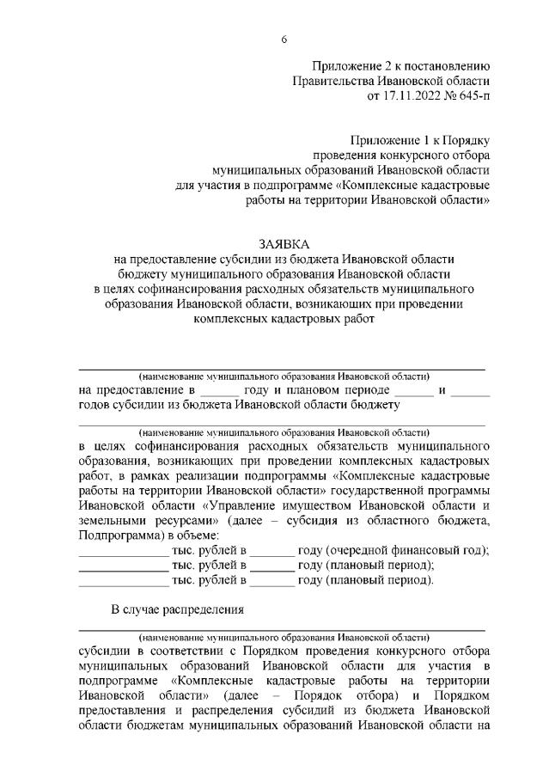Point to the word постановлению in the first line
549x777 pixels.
point(447,64)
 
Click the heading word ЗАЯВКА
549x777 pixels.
point(283,244)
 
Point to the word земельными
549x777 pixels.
point(110,520)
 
